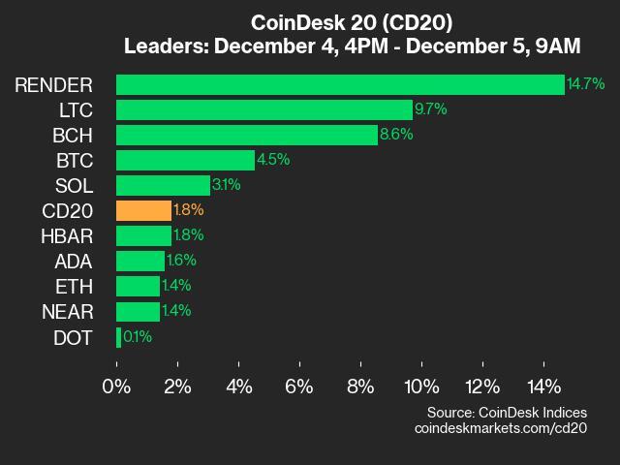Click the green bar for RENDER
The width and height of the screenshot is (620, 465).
click(x=339, y=84)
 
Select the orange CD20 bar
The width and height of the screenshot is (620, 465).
click(x=143, y=210)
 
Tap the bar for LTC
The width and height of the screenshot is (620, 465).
click(x=263, y=109)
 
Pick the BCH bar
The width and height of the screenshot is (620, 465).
click(x=246, y=135)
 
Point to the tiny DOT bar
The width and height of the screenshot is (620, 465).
click(x=118, y=337)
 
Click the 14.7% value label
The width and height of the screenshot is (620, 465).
click(x=586, y=84)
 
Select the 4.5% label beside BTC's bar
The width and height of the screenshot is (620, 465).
click(x=273, y=160)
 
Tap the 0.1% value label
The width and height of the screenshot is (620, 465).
click(x=138, y=337)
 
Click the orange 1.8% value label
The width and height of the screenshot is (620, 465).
click(x=190, y=210)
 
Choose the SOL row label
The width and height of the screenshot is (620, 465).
click(x=75, y=185)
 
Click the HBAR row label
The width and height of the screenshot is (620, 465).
click(x=67, y=235)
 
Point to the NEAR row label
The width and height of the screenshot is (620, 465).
click(x=67, y=312)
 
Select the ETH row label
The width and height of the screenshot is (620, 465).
click(x=75, y=287)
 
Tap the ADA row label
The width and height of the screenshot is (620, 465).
click(x=74, y=262)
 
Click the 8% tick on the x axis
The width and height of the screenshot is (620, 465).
click(x=360, y=387)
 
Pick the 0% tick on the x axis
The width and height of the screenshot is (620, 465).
click(x=116, y=387)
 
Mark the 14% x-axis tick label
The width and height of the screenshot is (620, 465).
click(x=543, y=387)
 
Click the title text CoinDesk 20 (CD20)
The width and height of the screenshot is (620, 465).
click(x=351, y=22)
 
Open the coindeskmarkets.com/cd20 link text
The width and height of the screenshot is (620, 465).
click(x=500, y=428)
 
